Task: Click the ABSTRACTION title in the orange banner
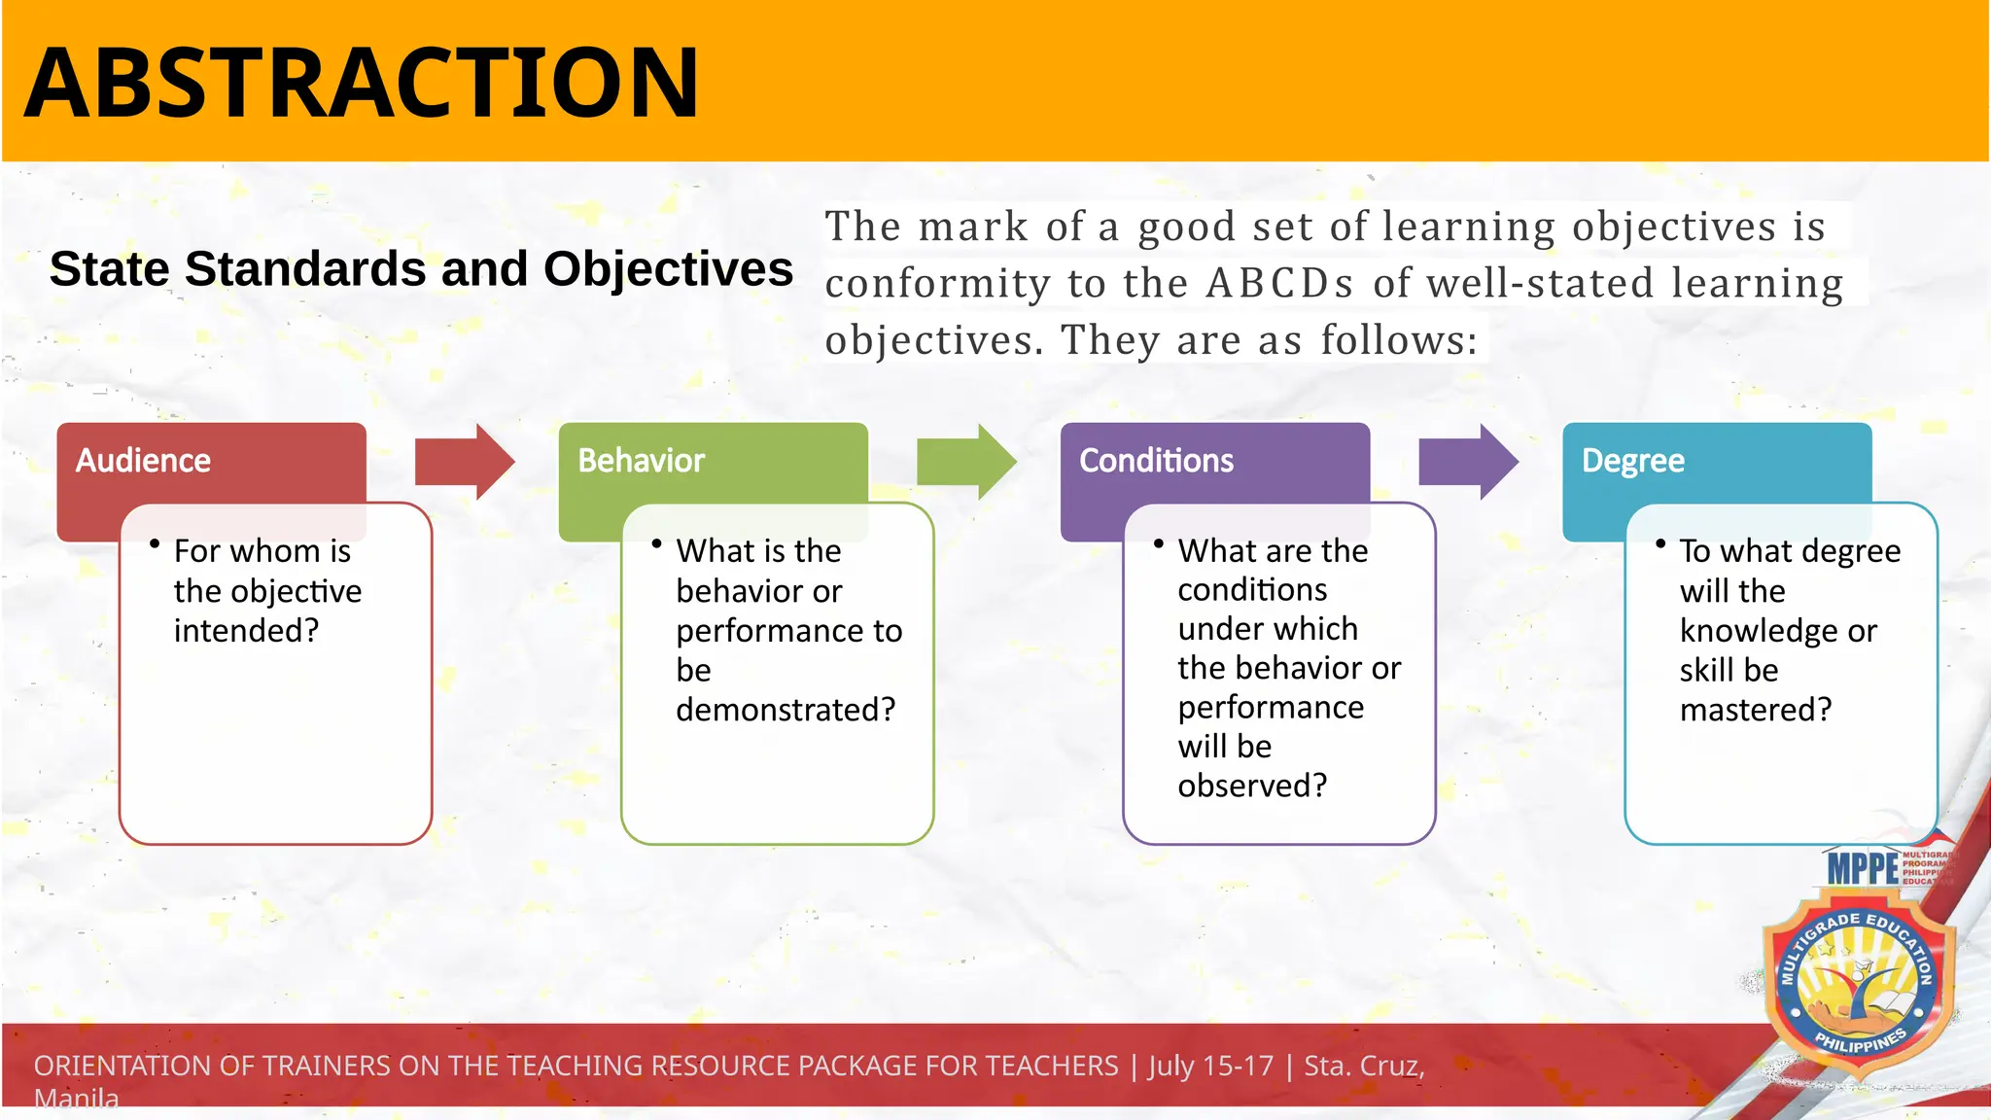(x=361, y=83)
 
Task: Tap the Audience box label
(x=143, y=461)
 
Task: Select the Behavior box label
(x=641, y=461)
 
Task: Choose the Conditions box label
(x=1156, y=461)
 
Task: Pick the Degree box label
(x=1632, y=461)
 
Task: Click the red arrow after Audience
(x=464, y=462)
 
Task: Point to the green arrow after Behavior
(x=965, y=462)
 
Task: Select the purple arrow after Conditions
(x=1467, y=462)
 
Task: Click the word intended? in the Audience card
(x=246, y=631)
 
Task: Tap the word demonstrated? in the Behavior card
(x=786, y=710)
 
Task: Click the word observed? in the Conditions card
(x=1252, y=786)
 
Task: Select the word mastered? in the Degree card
(x=1755, y=710)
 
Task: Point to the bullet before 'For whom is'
(x=155, y=544)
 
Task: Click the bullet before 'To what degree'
(x=1660, y=544)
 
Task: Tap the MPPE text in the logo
(x=1862, y=867)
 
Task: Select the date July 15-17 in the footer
(x=1210, y=1066)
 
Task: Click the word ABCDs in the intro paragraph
(x=1279, y=284)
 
